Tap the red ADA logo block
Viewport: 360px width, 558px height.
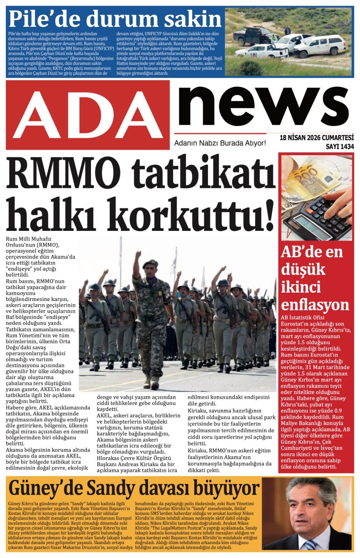(88, 115)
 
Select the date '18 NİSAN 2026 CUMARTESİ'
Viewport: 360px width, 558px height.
(316, 138)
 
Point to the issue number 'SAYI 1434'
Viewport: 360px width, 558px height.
(339, 147)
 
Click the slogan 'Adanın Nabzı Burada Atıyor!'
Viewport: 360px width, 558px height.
(220, 143)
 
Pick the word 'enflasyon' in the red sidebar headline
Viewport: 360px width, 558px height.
(315, 305)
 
